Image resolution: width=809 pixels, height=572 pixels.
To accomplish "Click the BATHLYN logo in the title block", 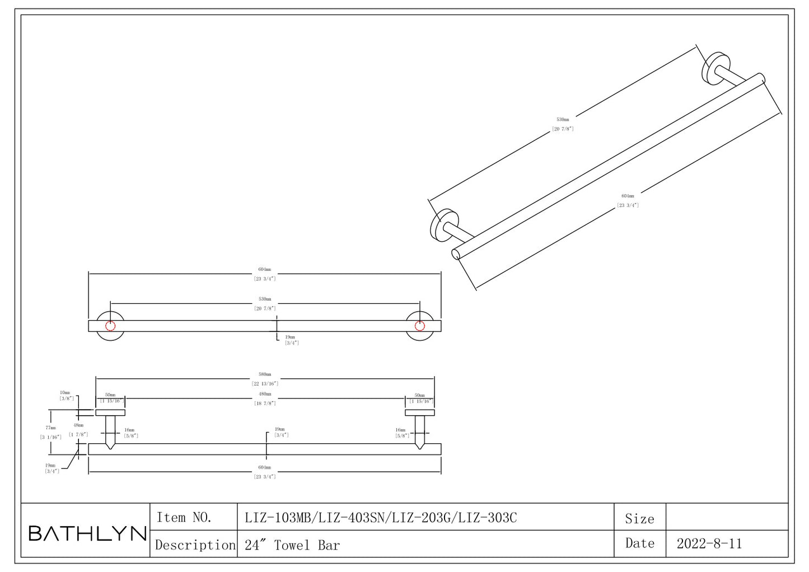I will [x=87, y=533].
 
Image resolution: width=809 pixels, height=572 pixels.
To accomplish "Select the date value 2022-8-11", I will [x=709, y=543].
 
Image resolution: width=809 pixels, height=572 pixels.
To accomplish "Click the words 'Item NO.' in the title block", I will [x=184, y=517].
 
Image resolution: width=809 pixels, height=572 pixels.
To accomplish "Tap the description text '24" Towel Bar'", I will [x=292, y=545].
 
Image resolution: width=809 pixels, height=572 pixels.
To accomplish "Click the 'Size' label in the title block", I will [x=639, y=519].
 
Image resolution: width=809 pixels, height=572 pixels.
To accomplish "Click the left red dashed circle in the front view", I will [x=110, y=326].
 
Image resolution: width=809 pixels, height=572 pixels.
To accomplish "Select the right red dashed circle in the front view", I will [x=419, y=326].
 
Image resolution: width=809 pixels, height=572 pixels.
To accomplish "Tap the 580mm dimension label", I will [x=265, y=374].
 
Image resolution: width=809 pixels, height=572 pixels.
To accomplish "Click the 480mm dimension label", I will [x=265, y=394].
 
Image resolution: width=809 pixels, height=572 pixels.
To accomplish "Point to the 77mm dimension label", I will [x=50, y=428].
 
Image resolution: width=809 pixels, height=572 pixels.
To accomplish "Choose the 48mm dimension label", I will [x=78, y=425].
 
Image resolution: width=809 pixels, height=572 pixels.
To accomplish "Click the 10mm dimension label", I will [x=65, y=393].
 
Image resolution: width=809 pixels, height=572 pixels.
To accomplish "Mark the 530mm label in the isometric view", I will [x=563, y=120].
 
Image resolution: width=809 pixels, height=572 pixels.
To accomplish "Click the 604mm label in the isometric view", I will [x=628, y=196].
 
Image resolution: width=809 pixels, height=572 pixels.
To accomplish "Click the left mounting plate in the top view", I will [x=110, y=413].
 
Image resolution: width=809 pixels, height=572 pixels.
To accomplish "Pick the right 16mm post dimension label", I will [x=400, y=430].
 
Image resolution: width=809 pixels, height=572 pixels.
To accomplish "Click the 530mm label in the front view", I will [x=265, y=299].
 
